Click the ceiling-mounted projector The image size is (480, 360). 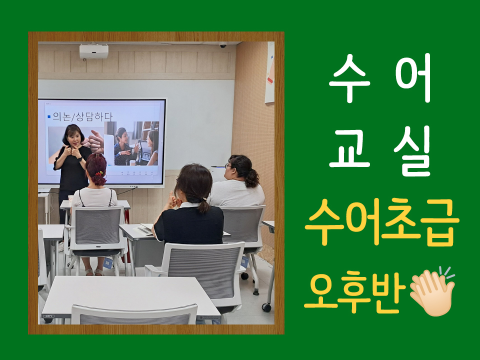coord(94,51)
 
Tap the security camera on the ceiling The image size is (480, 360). coord(223,45)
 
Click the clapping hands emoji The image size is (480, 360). coord(432,291)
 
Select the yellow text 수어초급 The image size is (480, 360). coord(382,222)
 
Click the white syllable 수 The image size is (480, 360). coord(349,77)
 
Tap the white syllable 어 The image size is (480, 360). coord(413,77)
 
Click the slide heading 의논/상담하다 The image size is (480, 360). coord(82,116)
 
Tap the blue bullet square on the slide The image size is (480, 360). coord(49,116)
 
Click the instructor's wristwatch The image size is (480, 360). coord(79,159)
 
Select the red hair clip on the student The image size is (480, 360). coord(98,174)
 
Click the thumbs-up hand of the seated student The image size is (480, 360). coord(170,199)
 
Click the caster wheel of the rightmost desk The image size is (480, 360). coord(266,307)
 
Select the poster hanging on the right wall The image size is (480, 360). coord(269,72)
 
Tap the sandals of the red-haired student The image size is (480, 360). coord(94,272)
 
